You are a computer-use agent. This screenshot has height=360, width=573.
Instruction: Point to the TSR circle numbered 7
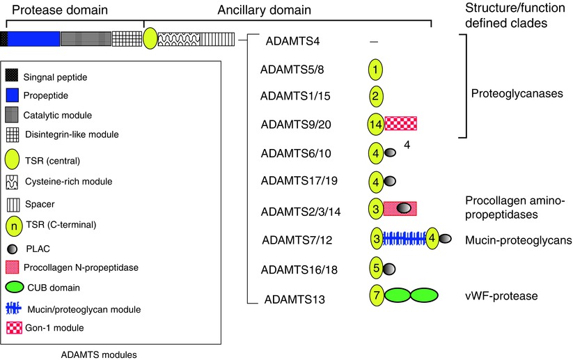(375, 295)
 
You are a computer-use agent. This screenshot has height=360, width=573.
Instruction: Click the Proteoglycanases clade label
(505, 93)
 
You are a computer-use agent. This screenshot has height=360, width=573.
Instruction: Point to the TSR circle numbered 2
(375, 96)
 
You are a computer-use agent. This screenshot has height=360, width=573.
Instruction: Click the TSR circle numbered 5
(375, 267)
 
